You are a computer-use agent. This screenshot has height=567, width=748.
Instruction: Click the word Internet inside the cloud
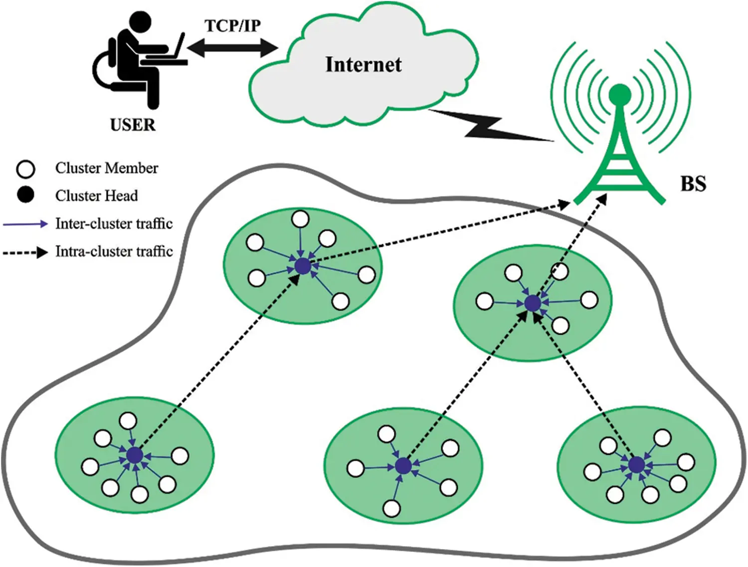[x=363, y=65]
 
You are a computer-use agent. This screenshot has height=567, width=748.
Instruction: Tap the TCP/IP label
[x=232, y=26]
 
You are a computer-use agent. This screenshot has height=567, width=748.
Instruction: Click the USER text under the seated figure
[x=133, y=125]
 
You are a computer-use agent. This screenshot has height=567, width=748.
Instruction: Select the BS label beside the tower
[x=693, y=184]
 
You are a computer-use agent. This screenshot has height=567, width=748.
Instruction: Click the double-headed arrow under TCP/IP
[x=232, y=48]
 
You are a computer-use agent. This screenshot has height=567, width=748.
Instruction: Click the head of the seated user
[x=140, y=21]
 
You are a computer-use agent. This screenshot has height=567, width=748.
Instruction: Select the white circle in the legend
[x=25, y=169]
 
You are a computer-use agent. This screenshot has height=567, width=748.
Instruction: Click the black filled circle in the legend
[x=25, y=195]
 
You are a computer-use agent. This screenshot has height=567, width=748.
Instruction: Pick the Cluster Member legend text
[x=106, y=168]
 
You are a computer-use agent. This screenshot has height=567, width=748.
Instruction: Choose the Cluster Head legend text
[x=96, y=195]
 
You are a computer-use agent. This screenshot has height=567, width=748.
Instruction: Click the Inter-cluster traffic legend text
[x=114, y=223]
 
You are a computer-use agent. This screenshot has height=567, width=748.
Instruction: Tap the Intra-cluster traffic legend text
[x=114, y=251]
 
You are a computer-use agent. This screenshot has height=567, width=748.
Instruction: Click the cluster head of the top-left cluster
[x=303, y=266]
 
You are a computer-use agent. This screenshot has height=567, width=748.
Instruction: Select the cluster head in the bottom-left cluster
[x=135, y=455]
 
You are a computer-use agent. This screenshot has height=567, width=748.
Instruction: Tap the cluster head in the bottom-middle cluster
[x=403, y=466]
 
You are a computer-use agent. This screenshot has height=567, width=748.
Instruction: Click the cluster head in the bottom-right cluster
[x=636, y=465]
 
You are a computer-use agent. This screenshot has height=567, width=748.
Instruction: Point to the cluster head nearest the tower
[x=533, y=303]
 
